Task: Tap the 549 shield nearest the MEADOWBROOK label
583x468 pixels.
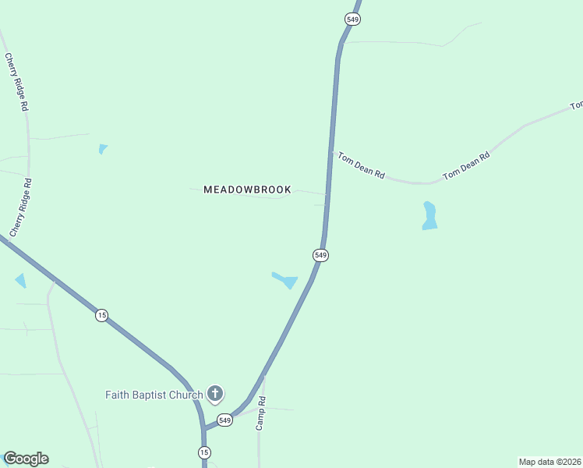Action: (x=320, y=255)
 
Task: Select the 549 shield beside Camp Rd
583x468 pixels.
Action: (x=225, y=420)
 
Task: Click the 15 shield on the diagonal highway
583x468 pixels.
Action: (x=101, y=315)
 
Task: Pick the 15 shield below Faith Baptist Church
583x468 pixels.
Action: (x=204, y=452)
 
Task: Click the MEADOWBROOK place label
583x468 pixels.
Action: (x=247, y=190)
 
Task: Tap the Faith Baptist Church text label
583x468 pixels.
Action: (x=154, y=395)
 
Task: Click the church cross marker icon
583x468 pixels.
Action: (x=215, y=395)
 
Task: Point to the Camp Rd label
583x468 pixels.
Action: (x=262, y=413)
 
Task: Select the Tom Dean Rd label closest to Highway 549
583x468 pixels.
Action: (x=360, y=165)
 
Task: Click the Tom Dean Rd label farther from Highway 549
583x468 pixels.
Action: (x=466, y=165)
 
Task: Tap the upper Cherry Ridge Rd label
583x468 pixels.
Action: (x=16, y=82)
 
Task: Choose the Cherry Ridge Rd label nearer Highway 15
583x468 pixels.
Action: (x=21, y=207)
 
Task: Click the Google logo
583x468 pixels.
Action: (x=26, y=459)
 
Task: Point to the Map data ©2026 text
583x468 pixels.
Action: (x=550, y=462)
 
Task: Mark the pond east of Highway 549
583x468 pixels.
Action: (x=429, y=216)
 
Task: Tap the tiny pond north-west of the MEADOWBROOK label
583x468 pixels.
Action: (x=102, y=148)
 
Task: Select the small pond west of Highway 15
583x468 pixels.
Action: (x=20, y=280)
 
